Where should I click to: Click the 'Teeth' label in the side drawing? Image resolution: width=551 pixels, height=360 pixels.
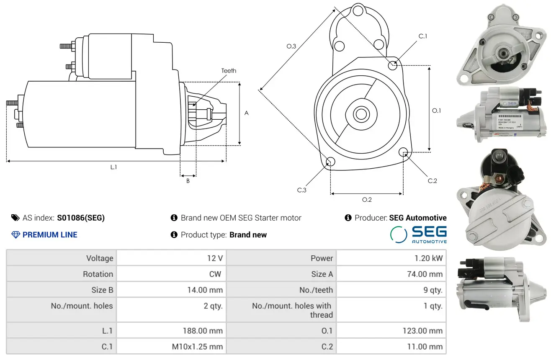(x=229, y=71)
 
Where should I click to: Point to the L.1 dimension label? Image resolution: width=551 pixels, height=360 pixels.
(x=113, y=167)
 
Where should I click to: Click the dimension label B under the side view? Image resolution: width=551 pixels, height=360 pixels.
(x=188, y=181)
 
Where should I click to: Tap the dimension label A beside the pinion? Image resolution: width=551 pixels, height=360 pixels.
(x=246, y=113)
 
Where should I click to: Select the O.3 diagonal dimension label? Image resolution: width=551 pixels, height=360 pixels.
(x=291, y=46)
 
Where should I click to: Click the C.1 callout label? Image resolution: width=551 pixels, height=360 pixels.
(x=423, y=36)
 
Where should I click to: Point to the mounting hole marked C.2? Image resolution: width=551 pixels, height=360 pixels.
(x=403, y=152)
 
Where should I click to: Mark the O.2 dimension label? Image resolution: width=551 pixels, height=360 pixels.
(x=367, y=200)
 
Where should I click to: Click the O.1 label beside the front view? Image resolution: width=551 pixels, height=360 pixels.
(x=436, y=111)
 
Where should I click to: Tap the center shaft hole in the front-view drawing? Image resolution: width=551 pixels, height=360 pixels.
(x=360, y=113)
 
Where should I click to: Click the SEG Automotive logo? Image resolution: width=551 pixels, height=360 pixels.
(x=418, y=234)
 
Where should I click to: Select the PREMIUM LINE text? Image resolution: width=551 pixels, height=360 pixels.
(x=50, y=235)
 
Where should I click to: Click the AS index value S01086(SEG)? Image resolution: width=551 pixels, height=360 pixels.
(x=81, y=218)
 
